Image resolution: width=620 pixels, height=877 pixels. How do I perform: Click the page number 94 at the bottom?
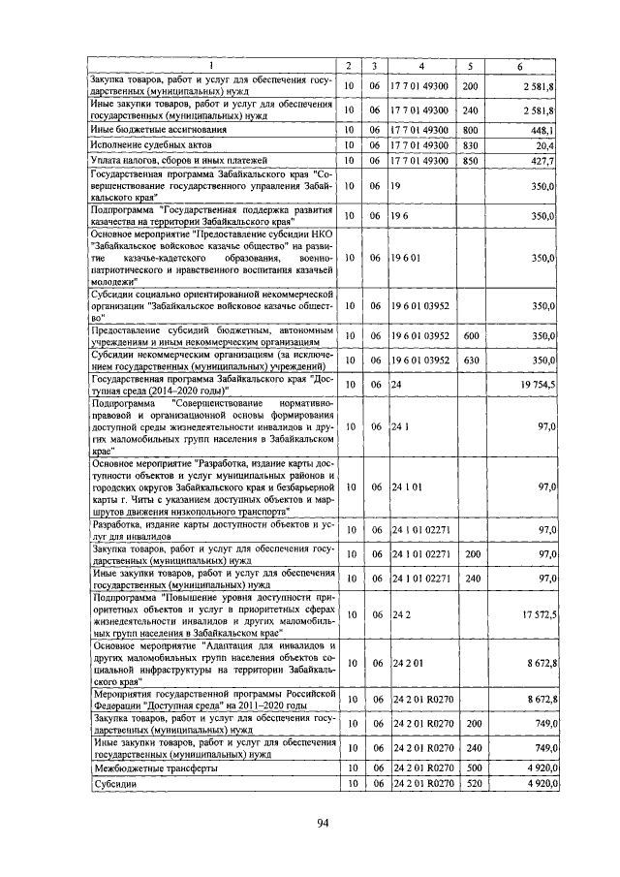(324, 824)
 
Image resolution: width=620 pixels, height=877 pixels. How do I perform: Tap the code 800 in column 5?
(471, 129)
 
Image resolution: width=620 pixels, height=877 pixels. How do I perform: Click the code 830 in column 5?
(471, 144)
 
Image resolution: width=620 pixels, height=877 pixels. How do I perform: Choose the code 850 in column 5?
(471, 161)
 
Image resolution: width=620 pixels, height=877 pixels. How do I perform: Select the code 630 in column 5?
(471, 360)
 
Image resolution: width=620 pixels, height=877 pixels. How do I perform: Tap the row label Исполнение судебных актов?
(145, 144)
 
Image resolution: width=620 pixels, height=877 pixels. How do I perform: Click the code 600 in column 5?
(471, 335)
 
